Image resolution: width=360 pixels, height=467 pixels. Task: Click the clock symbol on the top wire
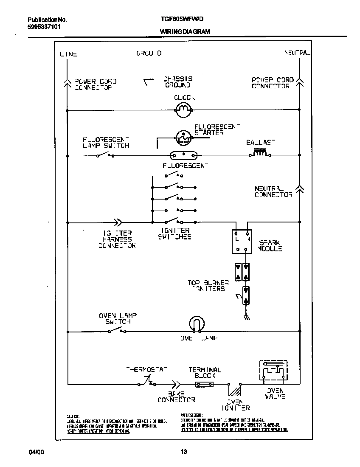(184, 110)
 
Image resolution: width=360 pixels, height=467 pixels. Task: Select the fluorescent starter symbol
(183, 137)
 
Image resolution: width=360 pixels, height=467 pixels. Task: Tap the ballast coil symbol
(260, 153)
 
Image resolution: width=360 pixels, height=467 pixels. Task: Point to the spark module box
(242, 242)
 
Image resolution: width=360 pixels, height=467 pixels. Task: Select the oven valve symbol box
(273, 371)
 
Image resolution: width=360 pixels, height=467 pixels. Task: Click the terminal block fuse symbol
(204, 384)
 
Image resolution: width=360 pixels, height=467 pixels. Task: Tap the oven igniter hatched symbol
(234, 388)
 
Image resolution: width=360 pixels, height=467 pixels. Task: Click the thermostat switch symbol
(147, 382)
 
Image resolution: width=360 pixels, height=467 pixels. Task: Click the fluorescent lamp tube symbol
(183, 155)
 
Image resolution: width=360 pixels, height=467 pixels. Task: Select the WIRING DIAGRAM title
(185, 32)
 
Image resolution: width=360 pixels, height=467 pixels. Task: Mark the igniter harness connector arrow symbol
(118, 222)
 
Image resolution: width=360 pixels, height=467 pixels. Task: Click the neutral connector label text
(273, 191)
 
